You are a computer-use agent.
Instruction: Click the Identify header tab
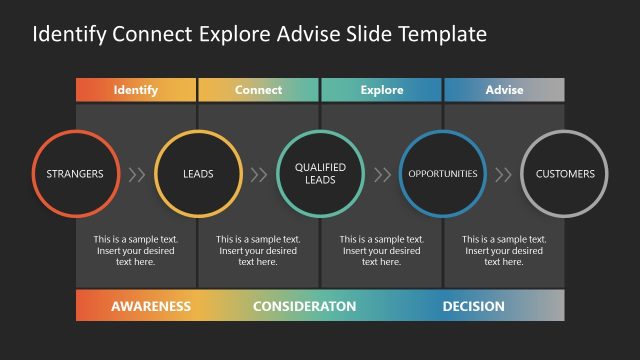(x=136, y=90)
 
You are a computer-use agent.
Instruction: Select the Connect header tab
(x=258, y=90)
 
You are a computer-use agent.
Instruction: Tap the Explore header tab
(x=381, y=90)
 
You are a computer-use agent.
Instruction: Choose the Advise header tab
(x=504, y=90)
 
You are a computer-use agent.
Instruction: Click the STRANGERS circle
(x=75, y=174)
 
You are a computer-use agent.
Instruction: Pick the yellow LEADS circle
(x=198, y=174)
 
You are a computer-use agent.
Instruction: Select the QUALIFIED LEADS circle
(x=320, y=174)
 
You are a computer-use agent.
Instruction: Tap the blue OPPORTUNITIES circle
(x=443, y=174)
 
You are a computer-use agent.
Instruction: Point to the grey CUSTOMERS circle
(x=565, y=174)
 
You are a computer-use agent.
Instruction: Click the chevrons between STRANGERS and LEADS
(x=137, y=174)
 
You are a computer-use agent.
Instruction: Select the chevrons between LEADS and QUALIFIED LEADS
(x=259, y=174)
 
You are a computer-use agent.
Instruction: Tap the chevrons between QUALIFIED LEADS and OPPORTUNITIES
(x=382, y=174)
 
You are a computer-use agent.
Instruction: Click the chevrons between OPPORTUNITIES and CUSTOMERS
(x=504, y=174)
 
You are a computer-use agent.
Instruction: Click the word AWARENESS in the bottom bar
(x=151, y=306)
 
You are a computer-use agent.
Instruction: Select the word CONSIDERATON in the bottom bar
(x=304, y=306)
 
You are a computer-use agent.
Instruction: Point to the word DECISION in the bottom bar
(x=473, y=306)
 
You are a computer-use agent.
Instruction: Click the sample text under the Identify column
(x=136, y=251)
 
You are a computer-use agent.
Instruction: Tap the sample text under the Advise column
(x=504, y=251)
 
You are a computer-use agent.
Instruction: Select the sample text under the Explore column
(x=381, y=251)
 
